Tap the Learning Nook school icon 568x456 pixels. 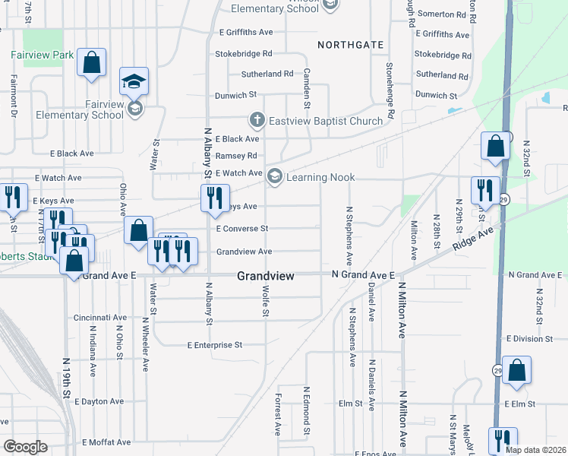coord(274,177)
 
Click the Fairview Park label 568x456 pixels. coord(43,55)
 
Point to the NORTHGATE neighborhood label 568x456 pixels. coord(351,45)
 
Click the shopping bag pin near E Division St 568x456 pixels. coord(516,371)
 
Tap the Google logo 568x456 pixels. coord(25,447)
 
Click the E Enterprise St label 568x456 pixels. coord(214,345)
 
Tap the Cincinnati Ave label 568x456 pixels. coord(100,317)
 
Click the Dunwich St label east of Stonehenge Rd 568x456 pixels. coord(436,96)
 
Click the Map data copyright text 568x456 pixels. coord(535,450)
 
